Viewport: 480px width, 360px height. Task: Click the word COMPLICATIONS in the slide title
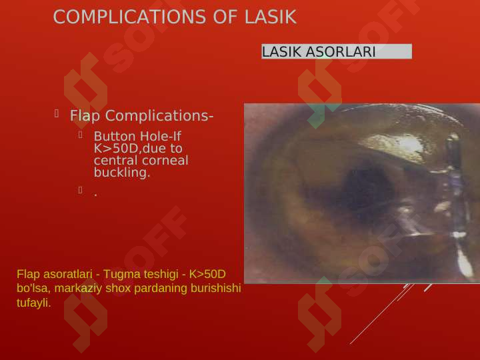pos(129,17)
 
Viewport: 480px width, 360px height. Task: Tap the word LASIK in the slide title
pos(271,17)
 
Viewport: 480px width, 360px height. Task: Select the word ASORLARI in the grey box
pos(341,51)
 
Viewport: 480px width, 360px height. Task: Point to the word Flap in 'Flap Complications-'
pos(85,116)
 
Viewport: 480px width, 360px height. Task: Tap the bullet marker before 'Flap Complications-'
pos(57,113)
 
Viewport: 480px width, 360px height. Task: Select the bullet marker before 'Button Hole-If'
pos(81,135)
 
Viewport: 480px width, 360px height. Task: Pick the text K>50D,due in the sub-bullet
pos(138,149)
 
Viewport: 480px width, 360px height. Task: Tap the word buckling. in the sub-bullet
pos(122,173)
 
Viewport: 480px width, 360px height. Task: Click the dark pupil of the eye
pos(367,191)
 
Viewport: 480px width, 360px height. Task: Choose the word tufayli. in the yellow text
pos(34,303)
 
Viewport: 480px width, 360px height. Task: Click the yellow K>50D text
pos(207,274)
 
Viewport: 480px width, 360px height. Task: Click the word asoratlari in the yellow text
pos(67,274)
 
